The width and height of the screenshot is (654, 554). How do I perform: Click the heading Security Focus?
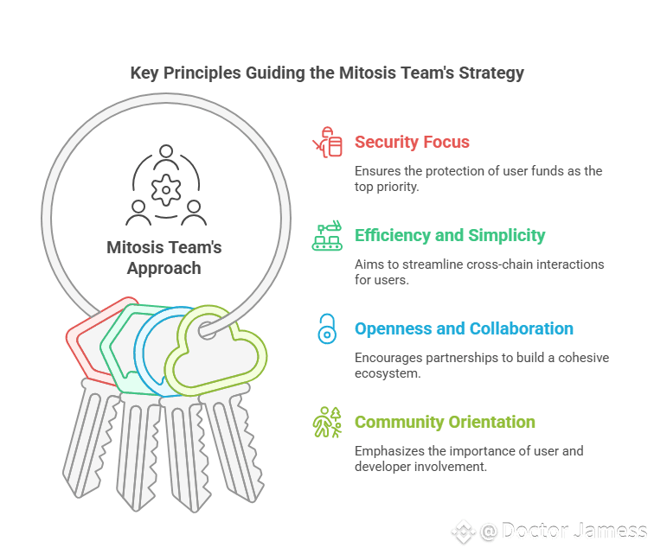point(411,143)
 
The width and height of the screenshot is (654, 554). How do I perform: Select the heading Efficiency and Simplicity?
point(449,235)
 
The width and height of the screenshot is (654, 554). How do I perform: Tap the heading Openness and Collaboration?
point(464,328)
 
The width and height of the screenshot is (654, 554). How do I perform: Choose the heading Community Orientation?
point(445,422)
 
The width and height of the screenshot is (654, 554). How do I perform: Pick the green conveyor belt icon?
point(326,235)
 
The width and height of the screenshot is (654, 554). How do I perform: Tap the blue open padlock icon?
point(326,328)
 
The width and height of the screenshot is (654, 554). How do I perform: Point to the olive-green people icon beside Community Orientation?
point(326,422)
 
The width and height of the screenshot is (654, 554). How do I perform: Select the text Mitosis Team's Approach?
point(164,258)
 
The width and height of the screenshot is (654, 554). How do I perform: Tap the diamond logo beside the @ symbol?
point(463,532)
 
